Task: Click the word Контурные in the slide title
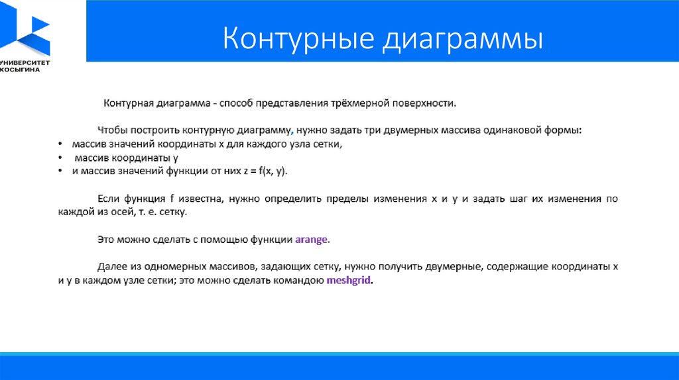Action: [x=298, y=38]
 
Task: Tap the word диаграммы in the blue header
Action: [x=463, y=40]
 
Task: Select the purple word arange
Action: [x=312, y=240]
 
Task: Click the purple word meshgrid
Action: [x=348, y=280]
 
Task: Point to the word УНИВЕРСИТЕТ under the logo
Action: [x=25, y=63]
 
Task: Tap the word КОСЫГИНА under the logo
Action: [x=20, y=70]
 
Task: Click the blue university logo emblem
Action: [x=25, y=28]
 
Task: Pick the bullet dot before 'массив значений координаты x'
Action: [x=60, y=144]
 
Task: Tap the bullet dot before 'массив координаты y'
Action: [x=60, y=158]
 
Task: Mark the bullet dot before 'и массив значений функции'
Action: [x=60, y=171]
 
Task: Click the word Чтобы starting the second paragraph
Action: [x=112, y=130]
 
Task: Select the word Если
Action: [x=107, y=199]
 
